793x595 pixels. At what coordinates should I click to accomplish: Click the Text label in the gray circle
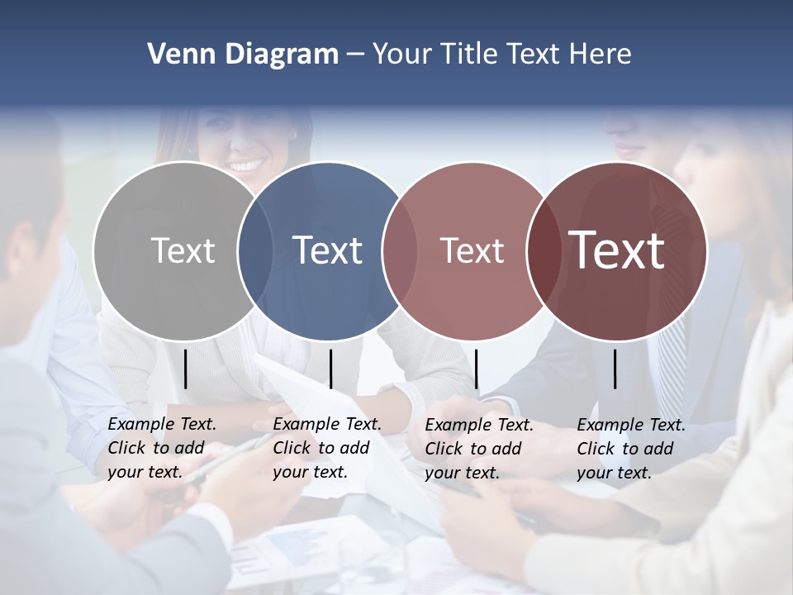coord(183,250)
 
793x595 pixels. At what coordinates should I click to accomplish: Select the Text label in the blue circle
coord(328,250)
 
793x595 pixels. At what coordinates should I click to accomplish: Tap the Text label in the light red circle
coord(472,250)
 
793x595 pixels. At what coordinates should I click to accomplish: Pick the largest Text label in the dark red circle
coord(617,250)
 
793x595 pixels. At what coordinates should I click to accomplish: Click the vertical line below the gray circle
coord(186,369)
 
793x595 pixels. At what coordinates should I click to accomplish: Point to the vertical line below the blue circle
coord(330,369)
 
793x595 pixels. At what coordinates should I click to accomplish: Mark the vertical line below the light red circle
coord(477,369)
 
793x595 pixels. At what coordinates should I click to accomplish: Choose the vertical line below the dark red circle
coord(615,369)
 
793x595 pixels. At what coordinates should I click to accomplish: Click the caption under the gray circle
coord(162,448)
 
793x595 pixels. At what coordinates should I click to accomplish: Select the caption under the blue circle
coord(327,448)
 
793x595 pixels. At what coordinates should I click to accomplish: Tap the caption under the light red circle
coord(479,449)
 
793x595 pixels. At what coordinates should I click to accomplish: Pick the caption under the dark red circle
coord(631,449)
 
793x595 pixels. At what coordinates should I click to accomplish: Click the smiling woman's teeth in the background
coord(246,164)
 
